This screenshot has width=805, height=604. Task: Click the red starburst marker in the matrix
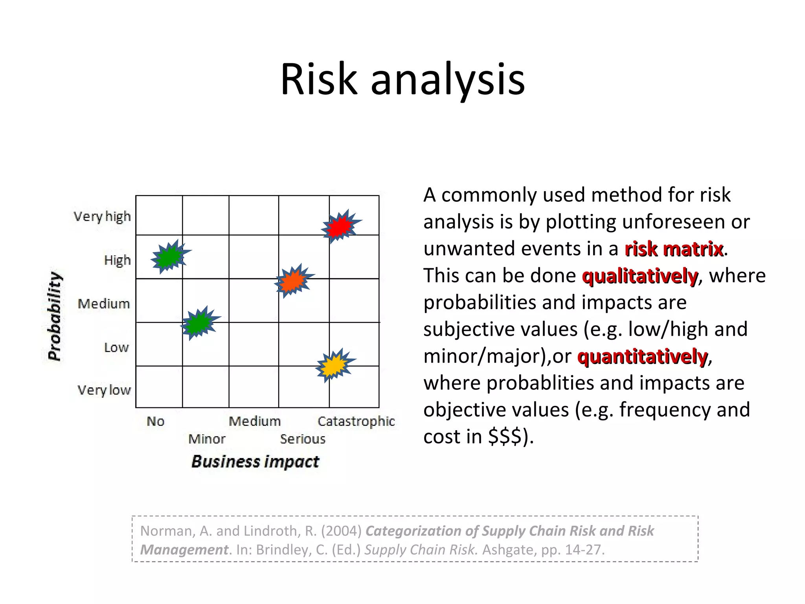click(x=340, y=226)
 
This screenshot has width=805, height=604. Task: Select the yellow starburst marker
click(x=334, y=365)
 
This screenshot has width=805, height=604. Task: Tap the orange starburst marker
click(x=293, y=281)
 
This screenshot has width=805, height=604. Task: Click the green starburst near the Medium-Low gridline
click(x=199, y=323)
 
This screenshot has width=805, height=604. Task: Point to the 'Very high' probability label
click(x=102, y=217)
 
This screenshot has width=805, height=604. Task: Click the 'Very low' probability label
click(x=104, y=390)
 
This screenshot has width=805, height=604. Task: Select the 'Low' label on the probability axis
click(x=116, y=348)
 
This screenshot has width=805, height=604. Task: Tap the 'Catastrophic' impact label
click(x=356, y=422)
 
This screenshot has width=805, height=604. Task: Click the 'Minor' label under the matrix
click(x=207, y=439)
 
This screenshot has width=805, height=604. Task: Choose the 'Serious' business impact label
click(x=303, y=439)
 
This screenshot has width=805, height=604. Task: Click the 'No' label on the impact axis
click(x=156, y=422)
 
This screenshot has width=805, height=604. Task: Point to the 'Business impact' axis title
click(x=255, y=462)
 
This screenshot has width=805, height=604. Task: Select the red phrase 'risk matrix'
click(x=674, y=249)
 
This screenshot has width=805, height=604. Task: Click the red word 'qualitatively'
click(x=640, y=276)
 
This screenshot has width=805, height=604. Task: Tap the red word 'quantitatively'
click(x=642, y=356)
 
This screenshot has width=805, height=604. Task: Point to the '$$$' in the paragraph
click(x=505, y=436)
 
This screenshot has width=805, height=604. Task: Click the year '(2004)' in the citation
click(x=341, y=531)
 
